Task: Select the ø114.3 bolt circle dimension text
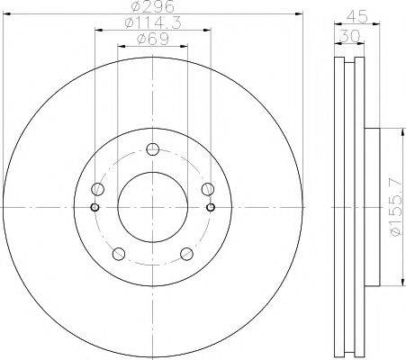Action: (x=152, y=24)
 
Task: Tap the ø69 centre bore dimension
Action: (x=152, y=39)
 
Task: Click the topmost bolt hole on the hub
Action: (x=152, y=149)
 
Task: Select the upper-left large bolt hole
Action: (x=98, y=189)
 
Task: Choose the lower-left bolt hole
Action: (x=119, y=253)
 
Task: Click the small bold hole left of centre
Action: (x=95, y=206)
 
